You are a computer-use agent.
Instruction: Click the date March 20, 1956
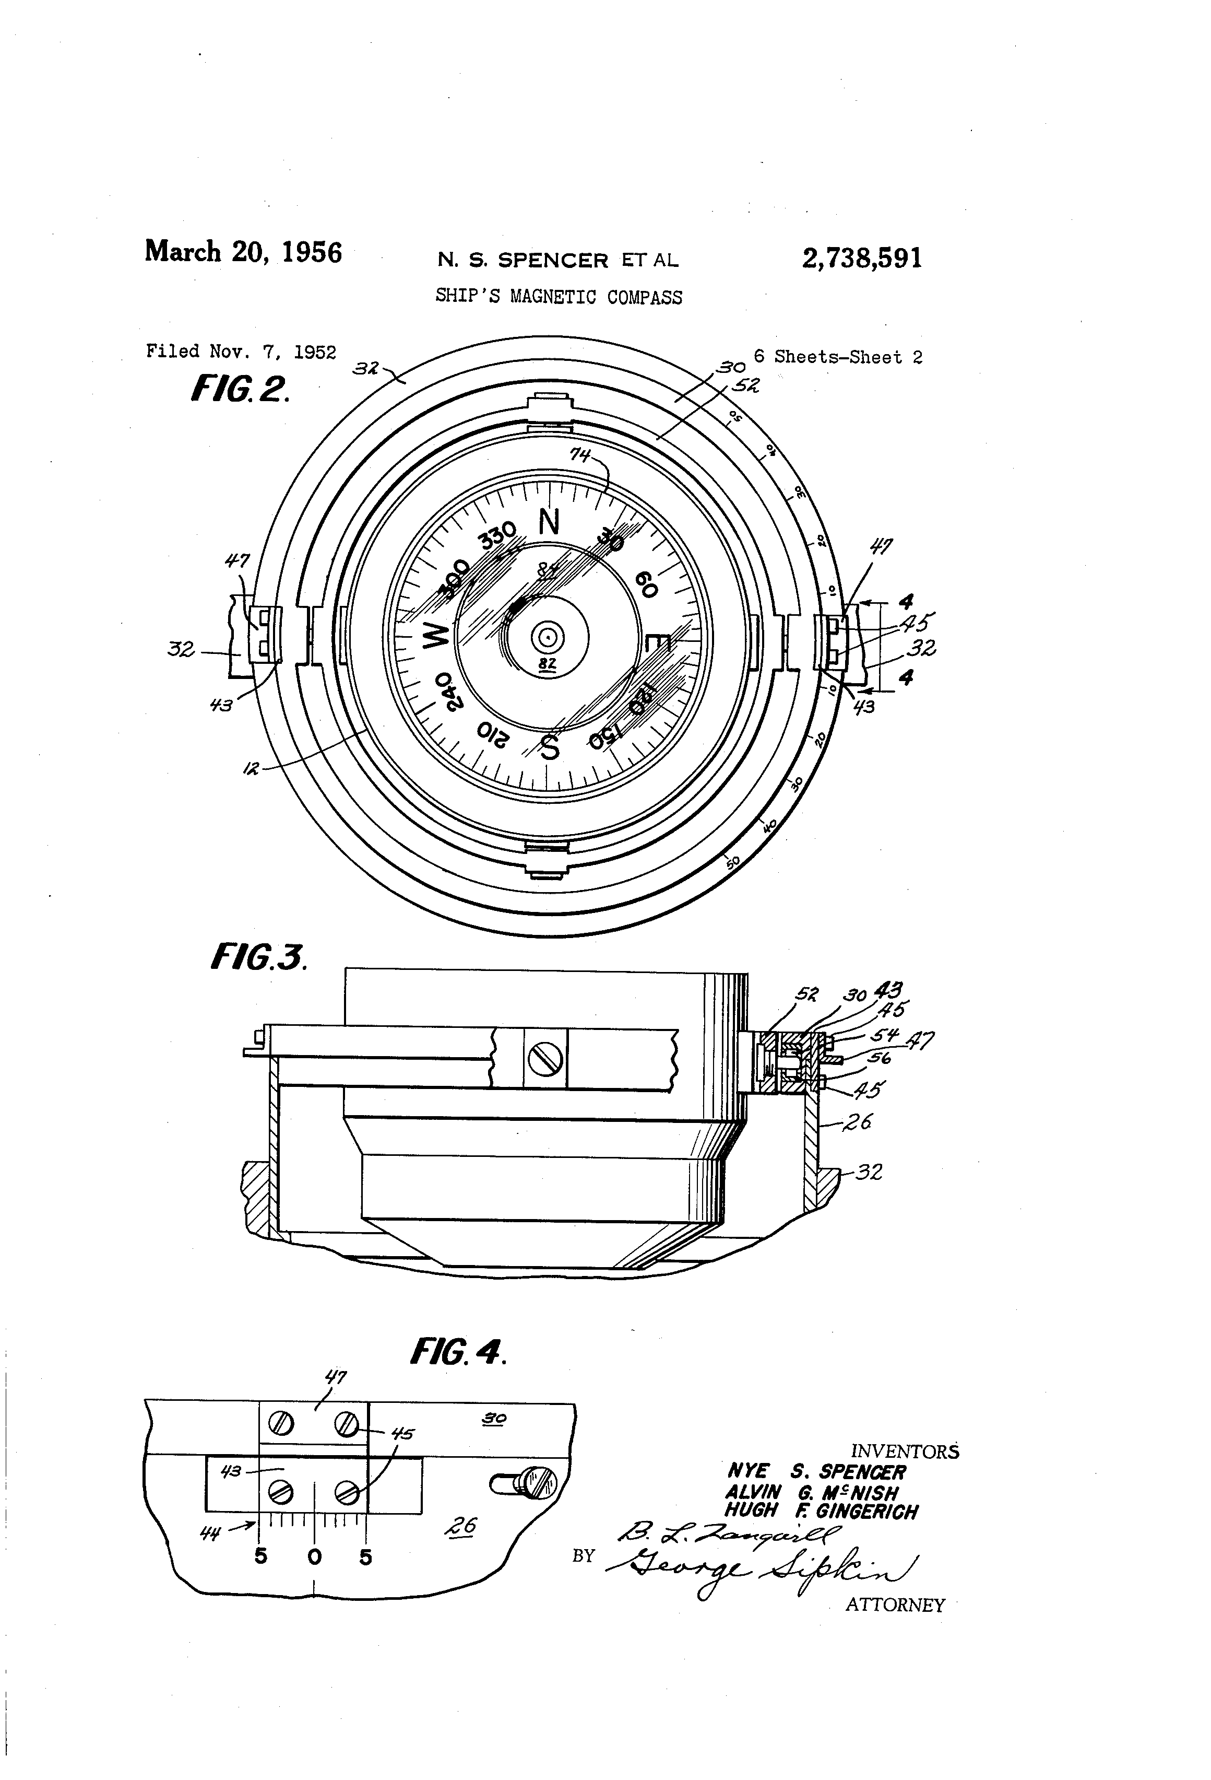[243, 252]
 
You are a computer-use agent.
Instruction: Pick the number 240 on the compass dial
[450, 691]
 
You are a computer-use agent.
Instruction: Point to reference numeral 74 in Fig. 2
[579, 455]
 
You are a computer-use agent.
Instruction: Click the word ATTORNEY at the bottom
[895, 1605]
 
